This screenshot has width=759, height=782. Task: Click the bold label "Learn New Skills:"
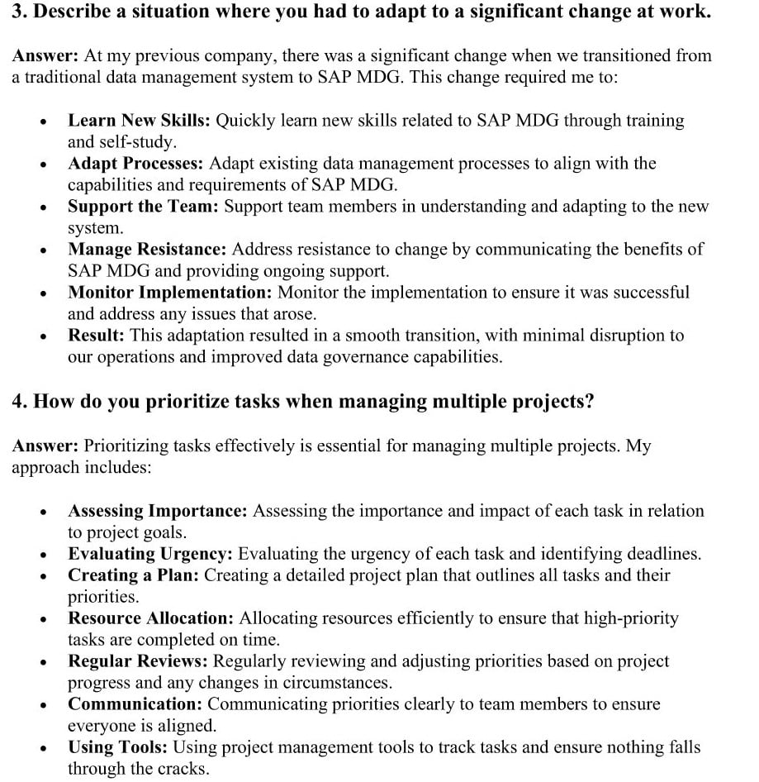tap(139, 121)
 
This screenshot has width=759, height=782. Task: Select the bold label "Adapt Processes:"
tap(135, 164)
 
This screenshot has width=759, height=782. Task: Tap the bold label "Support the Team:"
tap(143, 207)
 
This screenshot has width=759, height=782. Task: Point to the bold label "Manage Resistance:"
tap(147, 250)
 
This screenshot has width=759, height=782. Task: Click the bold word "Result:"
tap(96, 336)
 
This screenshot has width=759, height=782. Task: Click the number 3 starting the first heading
tap(17, 13)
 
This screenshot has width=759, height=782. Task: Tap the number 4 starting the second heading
tap(17, 402)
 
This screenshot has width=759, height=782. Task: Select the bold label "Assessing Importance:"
tap(157, 511)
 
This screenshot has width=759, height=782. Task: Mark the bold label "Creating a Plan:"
tap(133, 575)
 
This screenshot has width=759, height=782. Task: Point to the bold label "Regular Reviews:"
tap(138, 661)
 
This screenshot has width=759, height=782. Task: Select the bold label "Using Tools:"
tap(117, 747)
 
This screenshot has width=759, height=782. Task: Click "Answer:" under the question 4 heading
tap(45, 446)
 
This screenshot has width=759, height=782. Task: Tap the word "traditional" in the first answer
tap(62, 77)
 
